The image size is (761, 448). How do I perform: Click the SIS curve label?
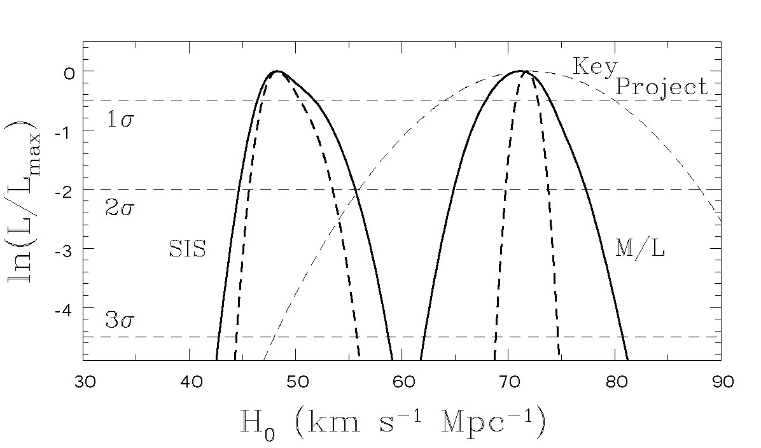tap(187, 249)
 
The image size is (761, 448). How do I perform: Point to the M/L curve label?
tap(640, 249)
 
